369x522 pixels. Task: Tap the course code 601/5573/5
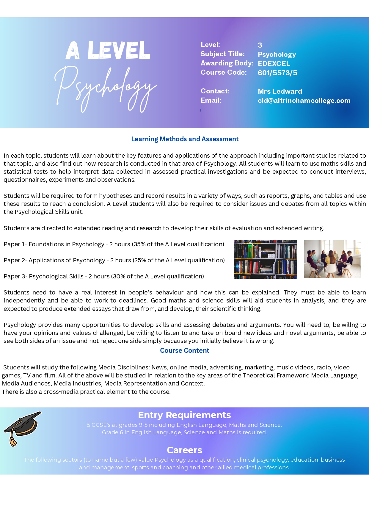click(x=277, y=73)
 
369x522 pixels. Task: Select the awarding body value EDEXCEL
click(x=274, y=64)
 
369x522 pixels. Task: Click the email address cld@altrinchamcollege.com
click(x=304, y=101)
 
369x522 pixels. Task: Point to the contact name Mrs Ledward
click(x=280, y=91)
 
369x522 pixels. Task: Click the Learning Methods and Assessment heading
click(x=185, y=139)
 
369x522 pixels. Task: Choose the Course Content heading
click(x=184, y=350)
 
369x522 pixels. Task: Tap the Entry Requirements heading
click(x=184, y=415)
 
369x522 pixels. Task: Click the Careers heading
click(x=184, y=450)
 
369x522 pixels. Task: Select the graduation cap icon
click(x=22, y=428)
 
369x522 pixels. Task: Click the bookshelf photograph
click(x=266, y=259)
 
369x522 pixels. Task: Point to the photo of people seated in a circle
click(x=332, y=259)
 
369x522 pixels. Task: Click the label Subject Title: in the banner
click(x=222, y=54)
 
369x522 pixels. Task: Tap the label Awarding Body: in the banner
click(x=227, y=63)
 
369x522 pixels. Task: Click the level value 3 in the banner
click(x=260, y=45)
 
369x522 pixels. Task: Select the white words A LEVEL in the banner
click(x=108, y=51)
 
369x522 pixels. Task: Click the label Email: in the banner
click(x=211, y=100)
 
